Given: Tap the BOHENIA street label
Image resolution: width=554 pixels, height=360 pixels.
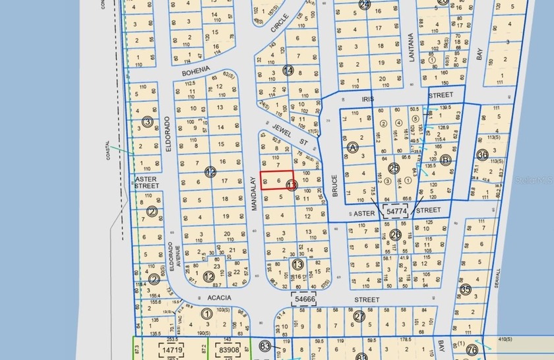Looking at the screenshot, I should [x=195, y=69].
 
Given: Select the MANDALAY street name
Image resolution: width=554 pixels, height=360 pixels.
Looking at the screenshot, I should [x=254, y=193].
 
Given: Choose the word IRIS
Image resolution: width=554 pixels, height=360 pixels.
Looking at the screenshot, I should [x=367, y=98].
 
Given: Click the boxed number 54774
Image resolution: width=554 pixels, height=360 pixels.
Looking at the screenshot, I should [x=396, y=211].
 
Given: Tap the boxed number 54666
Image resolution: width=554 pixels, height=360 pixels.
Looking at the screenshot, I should [x=305, y=299].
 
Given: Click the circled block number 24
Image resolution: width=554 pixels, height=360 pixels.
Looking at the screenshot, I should [x=365, y=4].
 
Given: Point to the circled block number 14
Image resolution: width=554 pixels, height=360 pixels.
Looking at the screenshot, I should [x=288, y=70].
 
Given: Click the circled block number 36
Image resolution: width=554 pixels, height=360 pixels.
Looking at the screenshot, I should [x=482, y=155].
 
